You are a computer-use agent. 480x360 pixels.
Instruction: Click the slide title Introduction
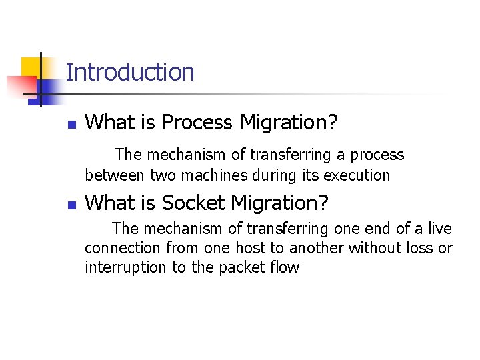[x=130, y=72]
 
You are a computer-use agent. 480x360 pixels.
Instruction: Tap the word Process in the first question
[x=198, y=123]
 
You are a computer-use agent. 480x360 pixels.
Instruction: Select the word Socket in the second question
[x=192, y=203]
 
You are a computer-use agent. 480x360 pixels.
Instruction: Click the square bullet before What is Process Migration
[x=72, y=125]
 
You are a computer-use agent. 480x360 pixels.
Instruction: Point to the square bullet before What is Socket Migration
[x=72, y=205]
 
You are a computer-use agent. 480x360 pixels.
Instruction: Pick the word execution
[x=357, y=176]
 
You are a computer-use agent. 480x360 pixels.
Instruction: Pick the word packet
[x=243, y=268]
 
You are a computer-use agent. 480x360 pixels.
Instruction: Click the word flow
[x=285, y=268]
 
